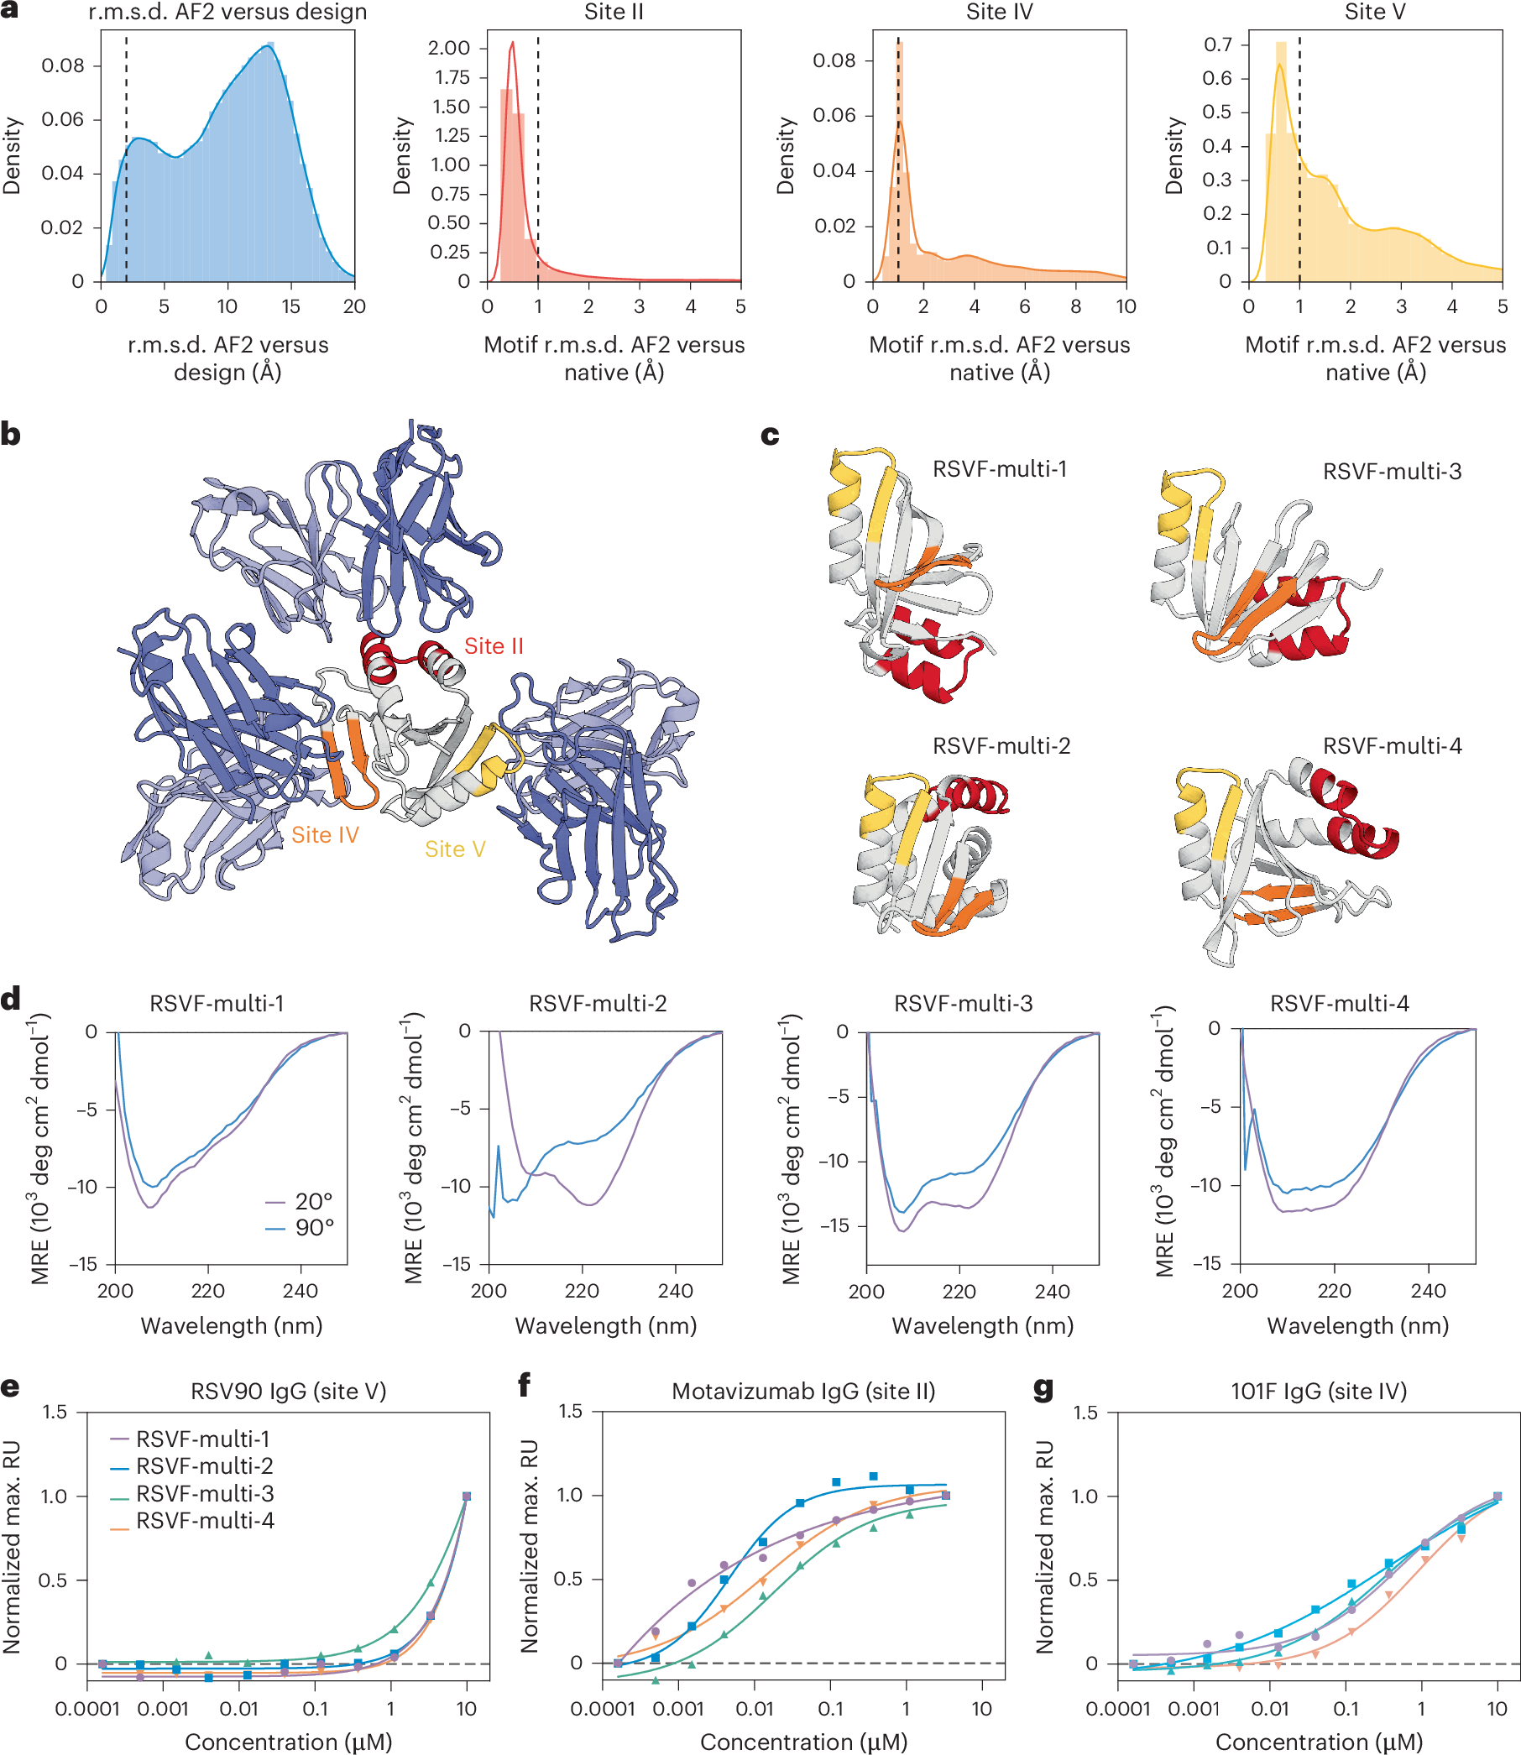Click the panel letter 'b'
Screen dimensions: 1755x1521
pos(11,435)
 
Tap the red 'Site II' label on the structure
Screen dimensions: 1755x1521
pos(493,645)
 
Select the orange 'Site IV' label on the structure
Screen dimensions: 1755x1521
pos(324,835)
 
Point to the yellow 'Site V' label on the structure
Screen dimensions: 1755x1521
pos(455,849)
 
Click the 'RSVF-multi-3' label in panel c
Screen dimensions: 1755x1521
pos(1392,472)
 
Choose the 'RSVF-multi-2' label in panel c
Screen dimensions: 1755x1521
pos(1001,746)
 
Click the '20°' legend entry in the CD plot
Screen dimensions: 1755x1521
pos(312,1201)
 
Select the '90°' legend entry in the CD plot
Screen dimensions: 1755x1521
pos(312,1227)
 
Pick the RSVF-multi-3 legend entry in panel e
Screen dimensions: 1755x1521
pos(204,1493)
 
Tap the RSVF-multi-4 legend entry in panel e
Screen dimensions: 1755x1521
pos(204,1520)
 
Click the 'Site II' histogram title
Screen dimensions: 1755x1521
pos(614,12)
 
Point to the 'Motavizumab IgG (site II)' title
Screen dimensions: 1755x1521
pos(803,1391)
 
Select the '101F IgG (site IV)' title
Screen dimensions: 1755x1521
pos(1318,1391)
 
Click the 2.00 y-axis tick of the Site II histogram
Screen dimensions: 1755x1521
pos(449,48)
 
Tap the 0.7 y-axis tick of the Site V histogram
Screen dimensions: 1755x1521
pos(1217,44)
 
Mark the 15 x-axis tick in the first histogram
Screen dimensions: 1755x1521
pos(290,306)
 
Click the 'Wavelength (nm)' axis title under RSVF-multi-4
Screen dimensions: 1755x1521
pos(1357,1325)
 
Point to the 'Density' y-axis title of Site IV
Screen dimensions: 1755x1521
pos(786,155)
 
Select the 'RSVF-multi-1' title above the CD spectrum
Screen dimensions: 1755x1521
pos(217,1004)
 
